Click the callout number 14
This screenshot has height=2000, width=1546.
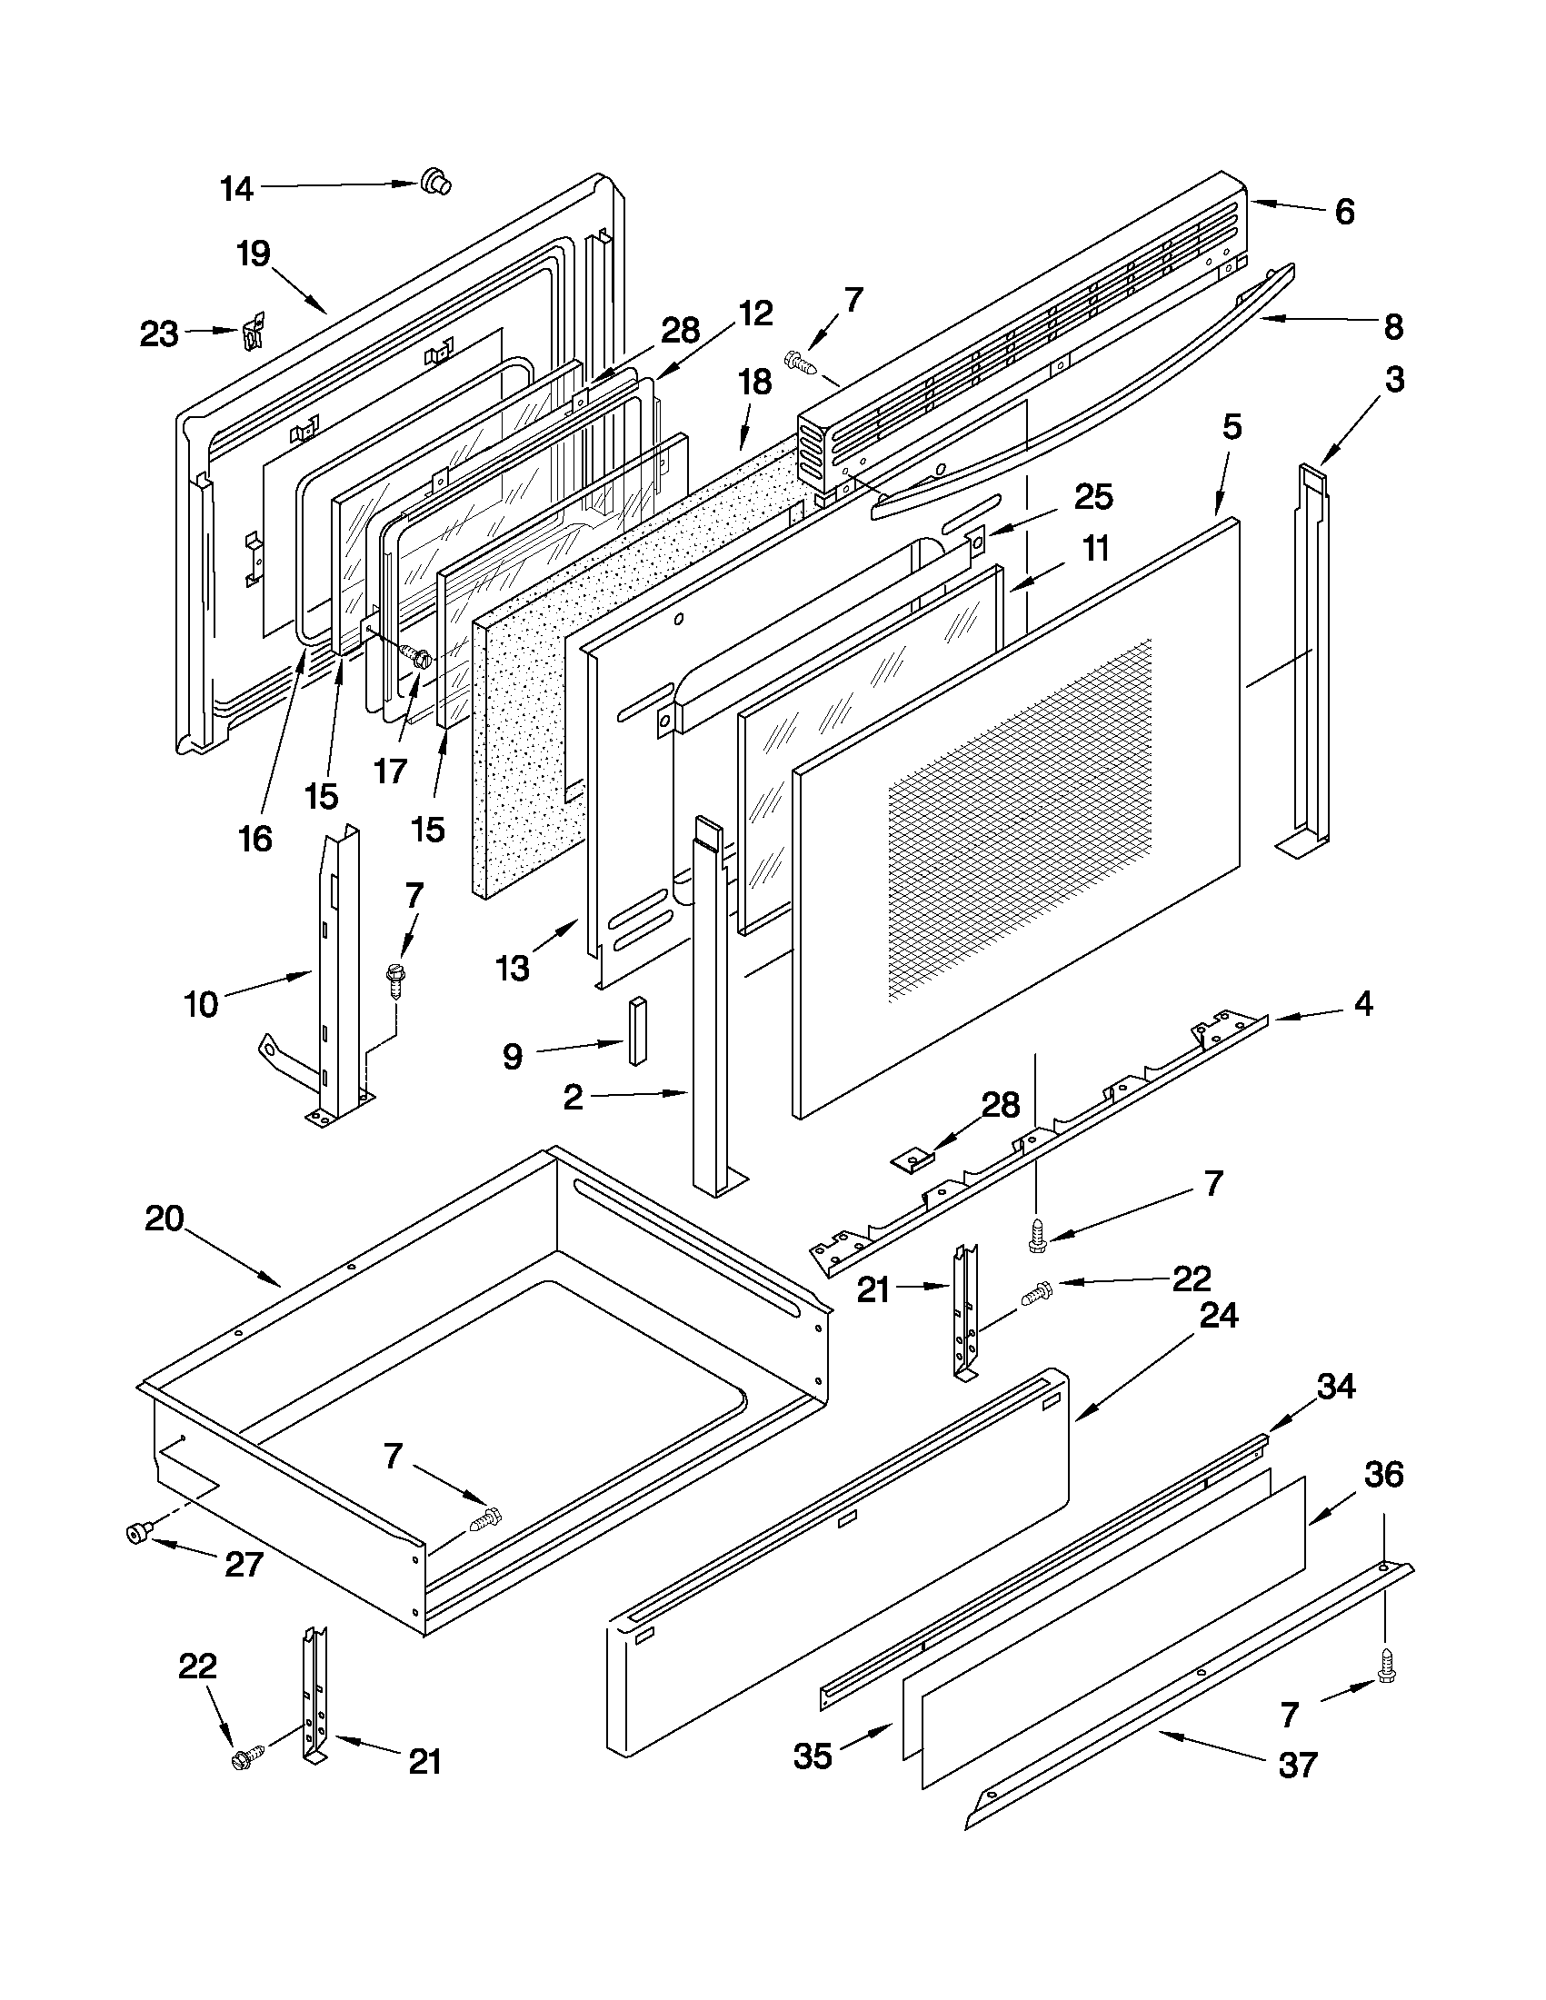tap(236, 190)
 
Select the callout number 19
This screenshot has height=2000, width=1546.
tap(254, 254)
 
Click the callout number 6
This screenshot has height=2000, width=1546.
tap(1343, 213)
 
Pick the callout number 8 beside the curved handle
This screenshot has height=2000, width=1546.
tap(1393, 327)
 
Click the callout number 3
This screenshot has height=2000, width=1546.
tap(1394, 379)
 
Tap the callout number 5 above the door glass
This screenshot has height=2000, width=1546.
tap(1232, 427)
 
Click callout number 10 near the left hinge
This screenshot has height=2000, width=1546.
tap(202, 1005)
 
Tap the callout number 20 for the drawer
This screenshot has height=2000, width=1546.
tap(165, 1219)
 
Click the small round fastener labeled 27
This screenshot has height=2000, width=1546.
tap(138, 1531)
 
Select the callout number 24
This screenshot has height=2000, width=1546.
tap(1219, 1315)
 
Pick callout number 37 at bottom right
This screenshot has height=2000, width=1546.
tap(1298, 1764)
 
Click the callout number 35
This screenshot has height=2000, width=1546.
tap(813, 1756)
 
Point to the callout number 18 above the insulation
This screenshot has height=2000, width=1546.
tap(755, 383)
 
